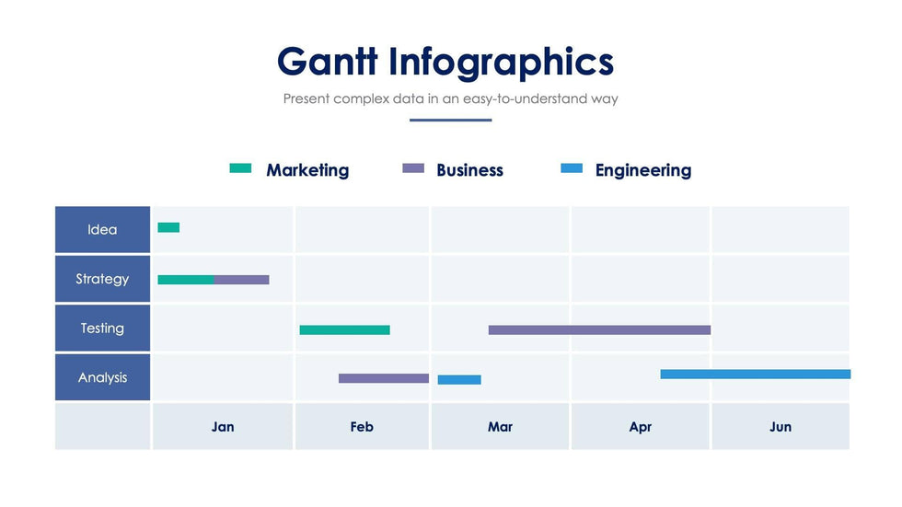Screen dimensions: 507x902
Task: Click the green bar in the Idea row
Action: pos(168,227)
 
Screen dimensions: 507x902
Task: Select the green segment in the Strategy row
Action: pos(186,280)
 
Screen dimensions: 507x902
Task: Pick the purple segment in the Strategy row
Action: pos(242,280)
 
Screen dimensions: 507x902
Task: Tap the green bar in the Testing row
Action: pos(344,329)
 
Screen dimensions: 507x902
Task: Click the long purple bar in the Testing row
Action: pos(599,329)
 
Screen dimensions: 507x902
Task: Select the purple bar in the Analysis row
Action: pos(384,378)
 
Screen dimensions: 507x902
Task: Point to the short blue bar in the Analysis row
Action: pos(459,379)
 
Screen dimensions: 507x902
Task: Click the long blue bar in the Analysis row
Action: pos(755,374)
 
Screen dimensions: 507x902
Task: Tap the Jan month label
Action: pos(223,427)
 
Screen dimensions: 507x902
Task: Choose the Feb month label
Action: pos(362,427)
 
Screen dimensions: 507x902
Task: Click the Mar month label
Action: pos(500,427)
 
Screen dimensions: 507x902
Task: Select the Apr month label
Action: pos(641,427)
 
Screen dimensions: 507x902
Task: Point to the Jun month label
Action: pos(781,427)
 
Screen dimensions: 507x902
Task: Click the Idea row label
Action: pos(102,230)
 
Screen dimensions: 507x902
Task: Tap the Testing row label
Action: pos(102,328)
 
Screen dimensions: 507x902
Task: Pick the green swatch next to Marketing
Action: pos(240,168)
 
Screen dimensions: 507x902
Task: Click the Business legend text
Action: pos(469,170)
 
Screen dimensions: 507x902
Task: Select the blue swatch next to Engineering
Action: pos(572,168)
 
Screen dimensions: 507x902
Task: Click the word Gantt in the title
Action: pos(328,62)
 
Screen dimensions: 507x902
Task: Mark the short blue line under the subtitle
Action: pos(451,120)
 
